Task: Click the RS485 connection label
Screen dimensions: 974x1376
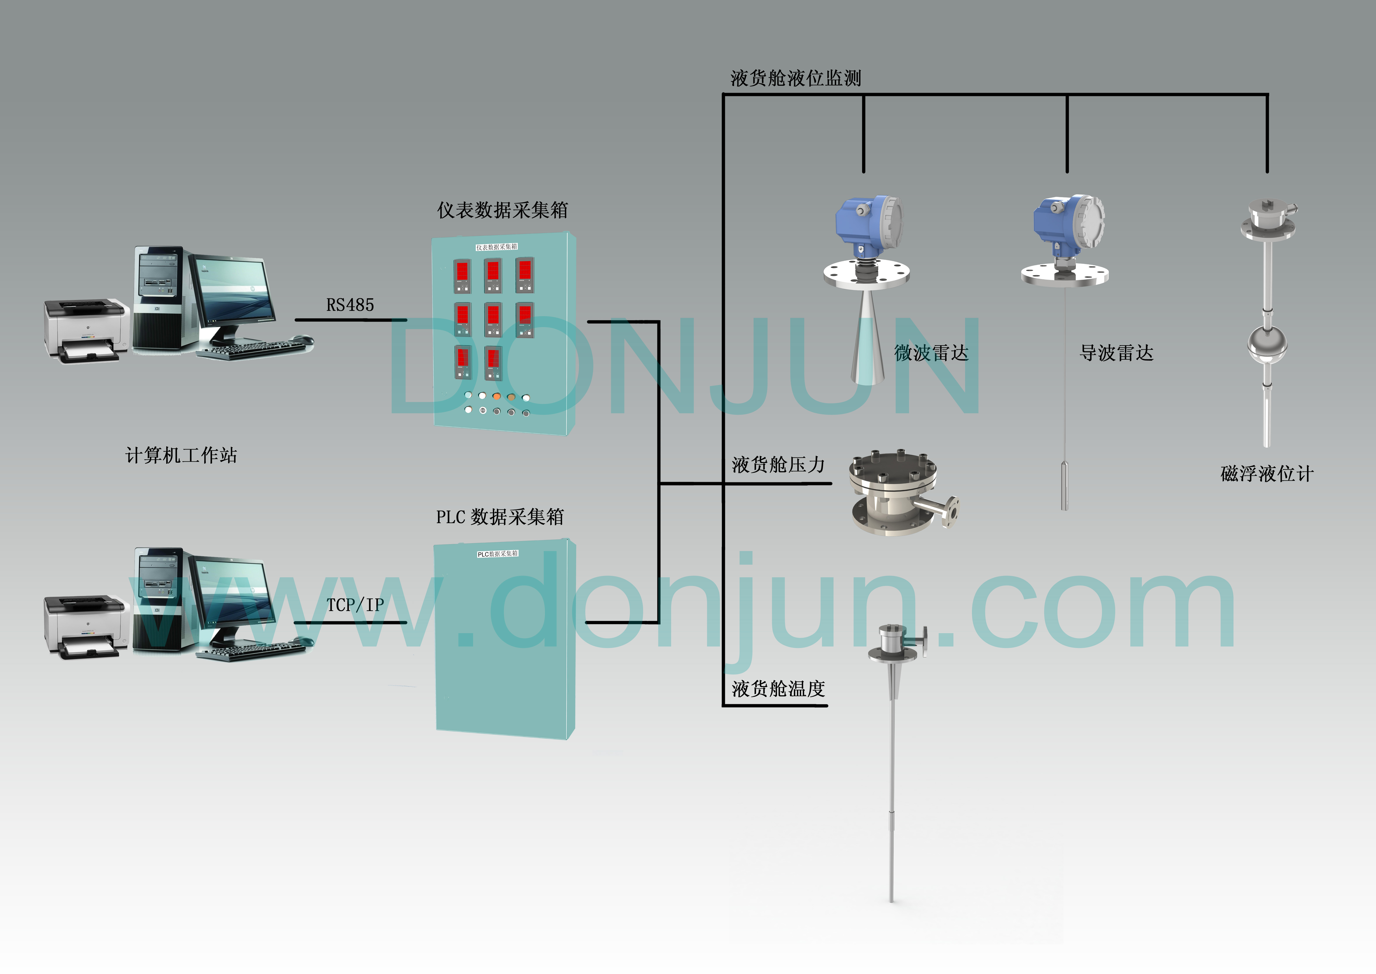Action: [x=350, y=305]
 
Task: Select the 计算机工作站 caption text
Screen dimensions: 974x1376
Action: [x=181, y=455]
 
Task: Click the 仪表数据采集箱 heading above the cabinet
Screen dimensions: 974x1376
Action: [x=502, y=210]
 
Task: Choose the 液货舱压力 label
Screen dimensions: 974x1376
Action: [x=778, y=465]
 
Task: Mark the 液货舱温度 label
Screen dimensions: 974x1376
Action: [x=778, y=688]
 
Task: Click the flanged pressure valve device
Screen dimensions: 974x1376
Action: [x=896, y=492]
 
